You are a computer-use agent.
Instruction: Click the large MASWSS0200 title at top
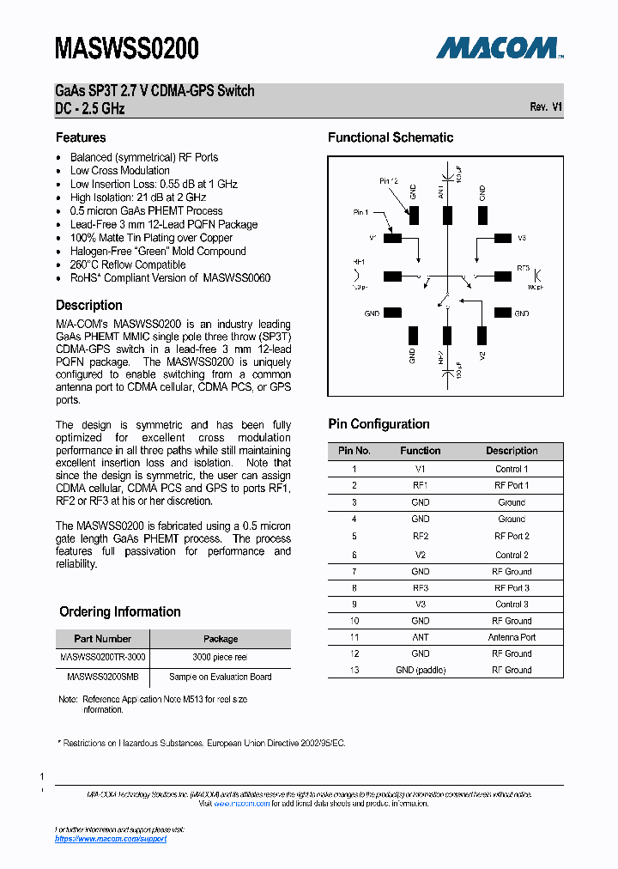[126, 48]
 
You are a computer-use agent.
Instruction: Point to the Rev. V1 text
[546, 107]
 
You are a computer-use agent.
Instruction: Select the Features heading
[81, 137]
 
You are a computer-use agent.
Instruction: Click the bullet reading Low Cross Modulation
[119, 170]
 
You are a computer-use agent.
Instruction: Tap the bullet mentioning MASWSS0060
[170, 278]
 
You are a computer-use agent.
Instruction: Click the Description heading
[89, 305]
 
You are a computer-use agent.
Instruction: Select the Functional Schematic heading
[391, 137]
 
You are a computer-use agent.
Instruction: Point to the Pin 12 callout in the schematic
[388, 181]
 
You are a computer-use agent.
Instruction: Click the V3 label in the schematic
[522, 238]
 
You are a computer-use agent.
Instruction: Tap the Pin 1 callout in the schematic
[360, 212]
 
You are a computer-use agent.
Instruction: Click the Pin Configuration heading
[379, 424]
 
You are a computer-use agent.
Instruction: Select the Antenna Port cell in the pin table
[512, 637]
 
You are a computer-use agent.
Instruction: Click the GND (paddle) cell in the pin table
[421, 670]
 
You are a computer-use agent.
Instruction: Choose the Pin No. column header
[354, 451]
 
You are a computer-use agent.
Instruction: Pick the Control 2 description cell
[512, 555]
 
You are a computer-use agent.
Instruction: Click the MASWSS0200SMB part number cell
[102, 677]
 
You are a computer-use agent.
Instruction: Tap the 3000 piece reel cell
[220, 657]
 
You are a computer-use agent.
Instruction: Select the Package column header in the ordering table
[220, 639]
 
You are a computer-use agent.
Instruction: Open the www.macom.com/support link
[111, 839]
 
